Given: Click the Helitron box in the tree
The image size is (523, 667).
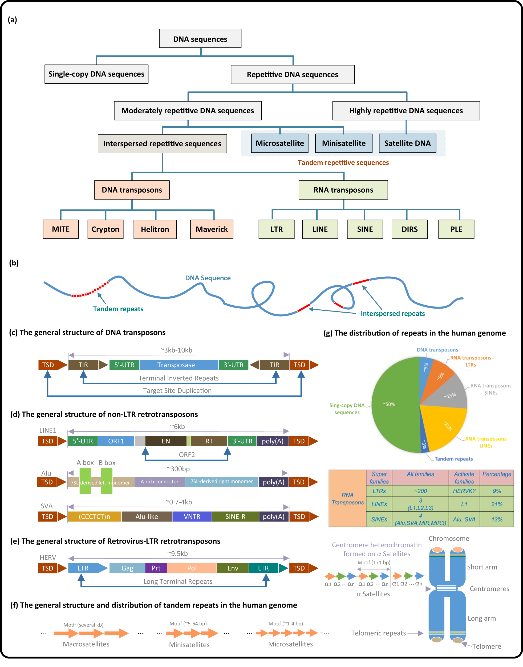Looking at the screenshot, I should (x=155, y=229).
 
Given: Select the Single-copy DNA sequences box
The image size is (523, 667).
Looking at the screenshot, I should (x=96, y=74).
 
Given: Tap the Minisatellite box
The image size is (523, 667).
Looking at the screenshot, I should (x=344, y=143).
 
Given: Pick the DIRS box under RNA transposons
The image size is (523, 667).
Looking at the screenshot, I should (x=410, y=229).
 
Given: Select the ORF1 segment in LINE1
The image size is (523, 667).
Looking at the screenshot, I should (x=116, y=441).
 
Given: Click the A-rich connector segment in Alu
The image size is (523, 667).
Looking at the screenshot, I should (x=159, y=482).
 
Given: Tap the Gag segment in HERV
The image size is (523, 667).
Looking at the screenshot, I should (x=127, y=568).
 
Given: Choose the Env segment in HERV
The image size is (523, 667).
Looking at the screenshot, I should (x=233, y=568).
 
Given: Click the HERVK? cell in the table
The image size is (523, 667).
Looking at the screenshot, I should (x=464, y=491).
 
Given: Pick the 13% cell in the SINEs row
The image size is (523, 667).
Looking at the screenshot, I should (x=497, y=519).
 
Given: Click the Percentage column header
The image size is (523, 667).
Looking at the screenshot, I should (x=497, y=474).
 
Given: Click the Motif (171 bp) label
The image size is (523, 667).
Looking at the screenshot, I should (x=374, y=563).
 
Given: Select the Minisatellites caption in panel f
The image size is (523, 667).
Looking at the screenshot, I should (x=189, y=645).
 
